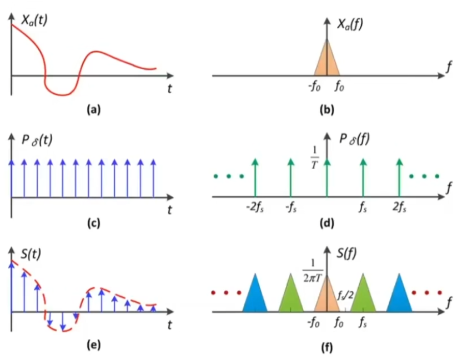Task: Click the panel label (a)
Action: click(x=90, y=110)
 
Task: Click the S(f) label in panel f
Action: click(x=346, y=255)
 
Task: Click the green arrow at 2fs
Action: click(x=399, y=178)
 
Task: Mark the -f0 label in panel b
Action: click(x=315, y=87)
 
